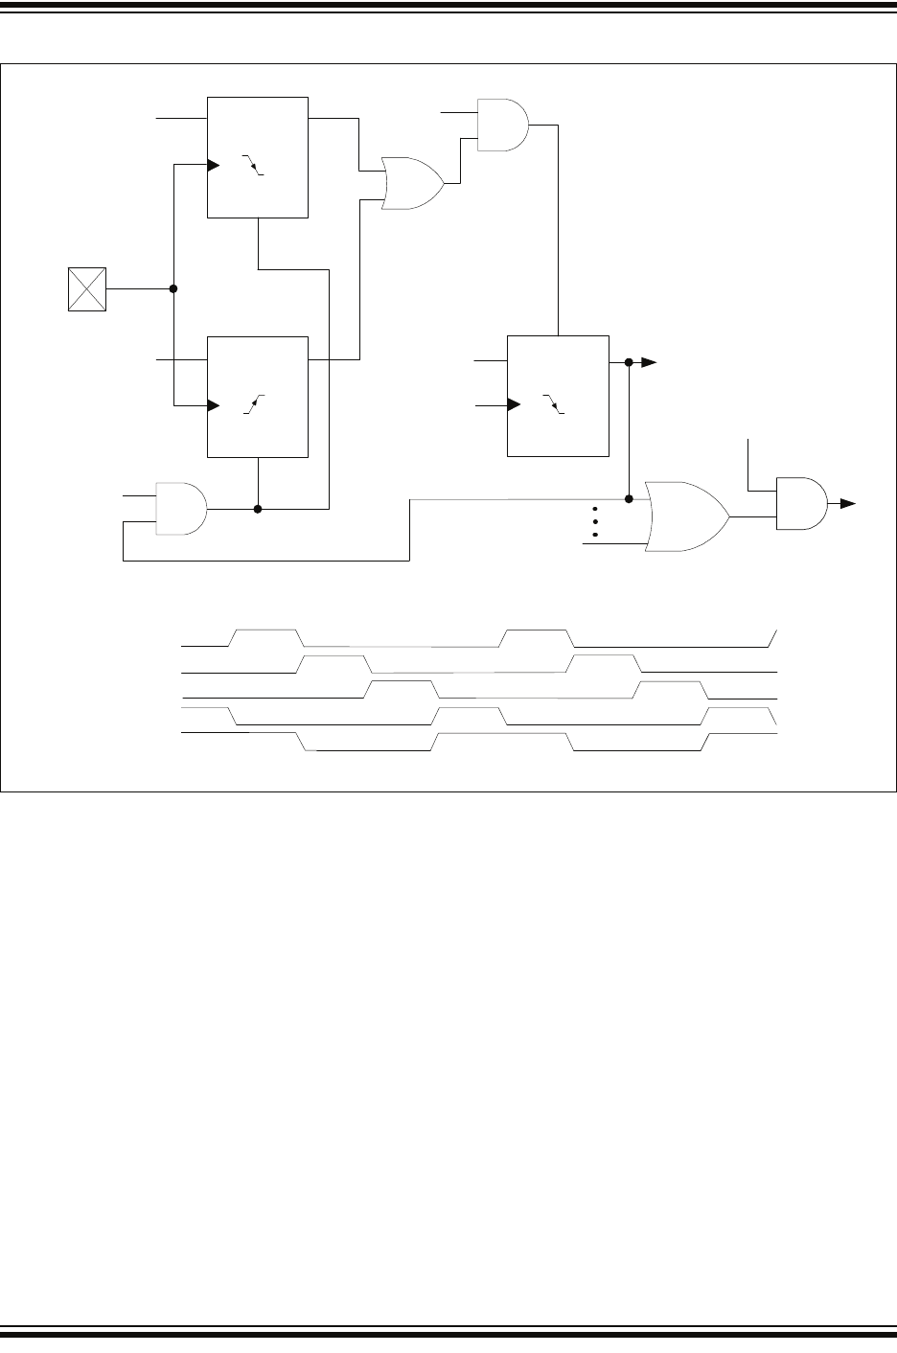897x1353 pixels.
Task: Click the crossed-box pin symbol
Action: click(x=87, y=289)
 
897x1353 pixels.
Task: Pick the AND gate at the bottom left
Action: click(x=180, y=508)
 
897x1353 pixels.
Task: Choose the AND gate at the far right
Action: click(x=801, y=503)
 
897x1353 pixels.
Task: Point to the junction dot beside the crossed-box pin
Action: click(x=173, y=289)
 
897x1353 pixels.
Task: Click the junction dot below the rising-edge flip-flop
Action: click(x=258, y=509)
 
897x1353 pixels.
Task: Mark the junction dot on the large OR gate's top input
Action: click(x=629, y=499)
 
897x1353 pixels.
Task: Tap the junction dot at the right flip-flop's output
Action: click(x=629, y=362)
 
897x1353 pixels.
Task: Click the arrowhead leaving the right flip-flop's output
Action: click(x=649, y=362)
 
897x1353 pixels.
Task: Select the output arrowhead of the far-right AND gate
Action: click(x=849, y=503)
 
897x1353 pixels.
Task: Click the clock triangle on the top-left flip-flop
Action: click(x=214, y=165)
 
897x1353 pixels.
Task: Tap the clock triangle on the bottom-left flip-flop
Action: click(x=214, y=405)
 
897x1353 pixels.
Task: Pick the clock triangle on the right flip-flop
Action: click(x=512, y=405)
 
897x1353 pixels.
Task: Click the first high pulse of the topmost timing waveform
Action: click(x=265, y=631)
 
